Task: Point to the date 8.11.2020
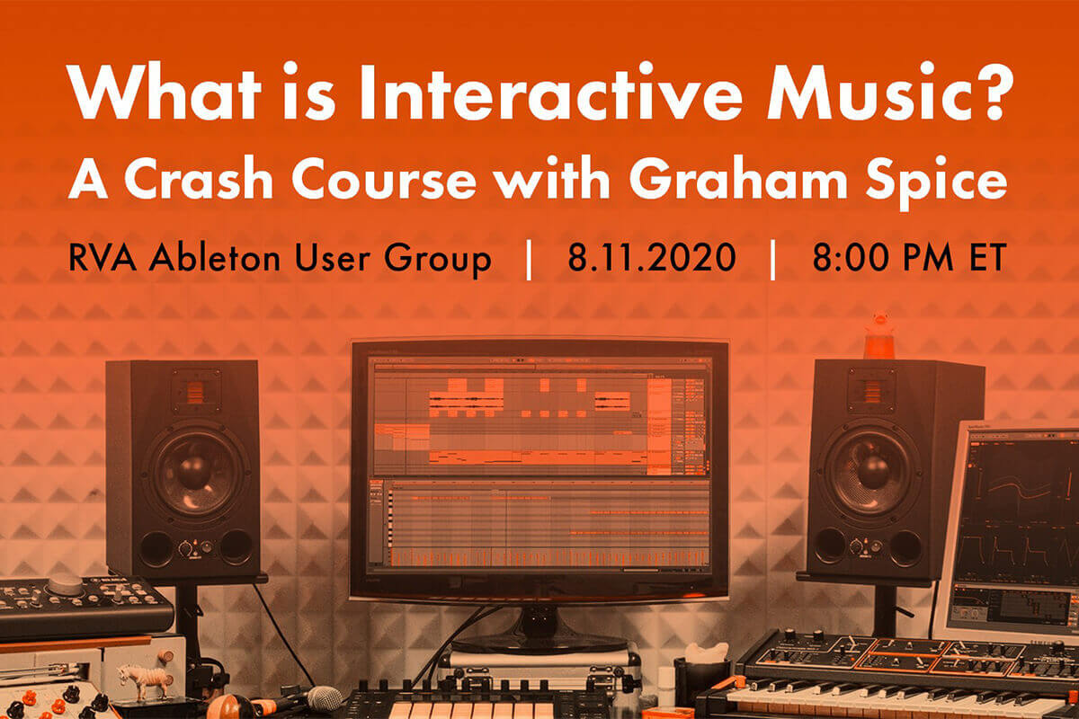(652, 258)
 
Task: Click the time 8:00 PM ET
(909, 258)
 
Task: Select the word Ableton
(215, 257)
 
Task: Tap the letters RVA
(103, 258)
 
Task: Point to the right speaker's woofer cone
(872, 470)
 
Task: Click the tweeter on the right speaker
(871, 391)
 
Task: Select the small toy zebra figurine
(145, 679)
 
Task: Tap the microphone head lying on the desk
(325, 699)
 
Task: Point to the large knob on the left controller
(66, 584)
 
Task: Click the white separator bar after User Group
(529, 259)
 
